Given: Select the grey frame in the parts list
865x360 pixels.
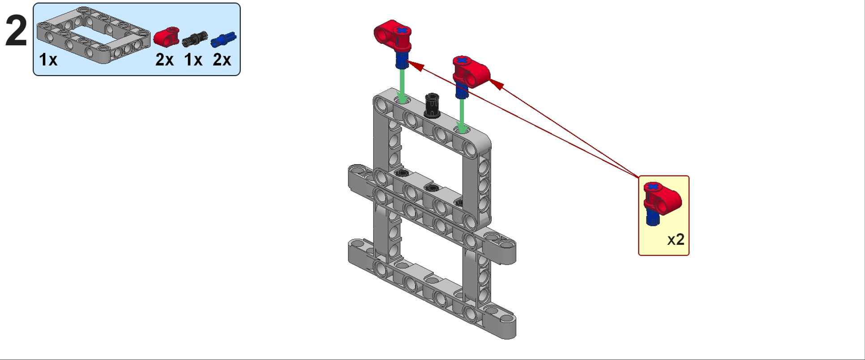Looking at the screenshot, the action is (x=93, y=34).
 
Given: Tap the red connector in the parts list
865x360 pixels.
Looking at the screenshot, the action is (x=167, y=37).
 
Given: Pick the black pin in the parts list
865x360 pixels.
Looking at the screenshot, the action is (x=195, y=39).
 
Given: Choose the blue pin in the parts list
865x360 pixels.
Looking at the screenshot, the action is (x=223, y=39).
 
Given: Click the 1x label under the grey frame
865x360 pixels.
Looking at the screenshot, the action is (x=48, y=60).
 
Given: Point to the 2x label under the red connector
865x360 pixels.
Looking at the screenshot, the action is (x=164, y=60).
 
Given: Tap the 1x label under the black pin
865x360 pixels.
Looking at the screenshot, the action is (x=193, y=60).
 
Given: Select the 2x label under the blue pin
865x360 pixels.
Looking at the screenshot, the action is (x=222, y=60).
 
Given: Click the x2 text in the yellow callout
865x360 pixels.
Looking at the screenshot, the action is (x=676, y=240).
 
